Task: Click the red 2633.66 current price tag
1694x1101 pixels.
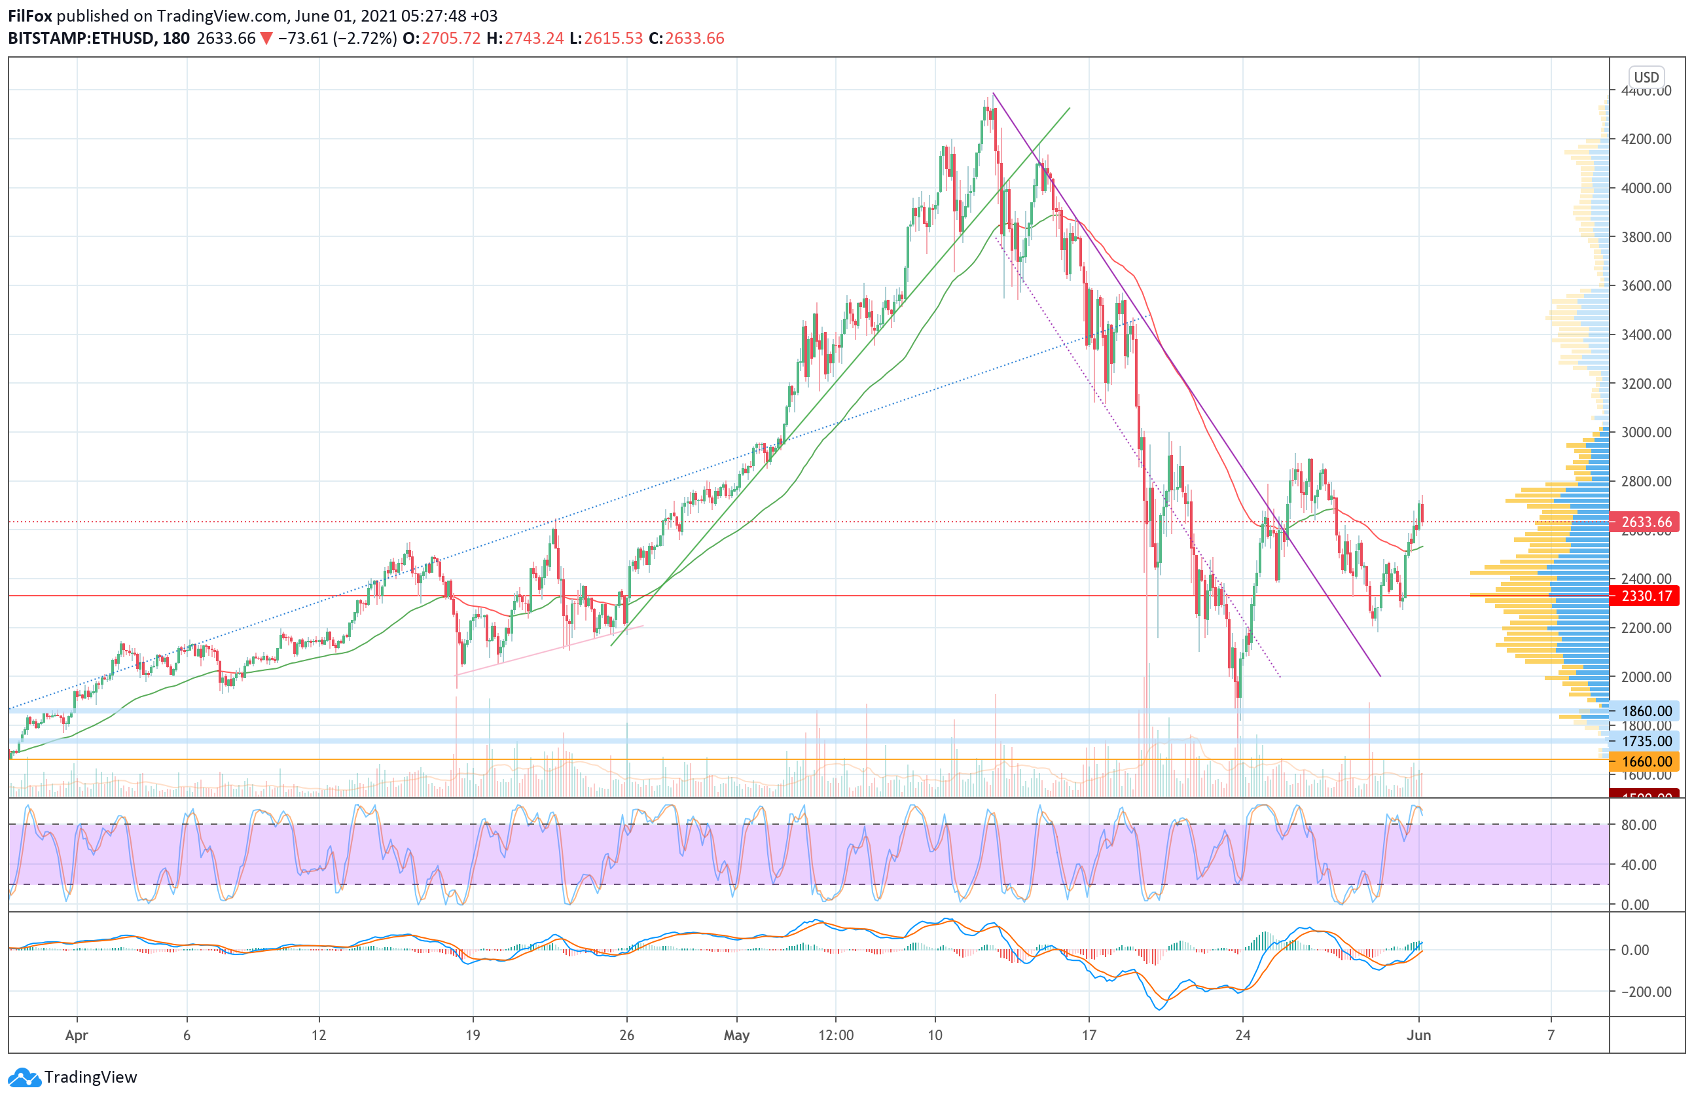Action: coord(1645,522)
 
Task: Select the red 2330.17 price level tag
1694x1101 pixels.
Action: coord(1645,595)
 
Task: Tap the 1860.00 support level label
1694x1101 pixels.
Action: coord(1645,710)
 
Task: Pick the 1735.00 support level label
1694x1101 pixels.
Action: coord(1645,741)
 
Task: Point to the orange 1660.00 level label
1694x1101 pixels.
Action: coord(1645,761)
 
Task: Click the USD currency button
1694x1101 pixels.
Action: coord(1646,77)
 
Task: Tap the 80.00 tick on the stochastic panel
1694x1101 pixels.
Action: coord(1638,825)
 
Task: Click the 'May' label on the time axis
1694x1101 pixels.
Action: coord(736,1035)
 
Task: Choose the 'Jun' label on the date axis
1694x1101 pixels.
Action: coord(1418,1035)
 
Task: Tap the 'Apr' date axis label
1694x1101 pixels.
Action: coord(76,1035)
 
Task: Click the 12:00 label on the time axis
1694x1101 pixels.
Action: coord(836,1035)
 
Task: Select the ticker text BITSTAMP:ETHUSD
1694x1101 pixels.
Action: coord(82,39)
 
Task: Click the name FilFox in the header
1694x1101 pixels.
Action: coord(30,16)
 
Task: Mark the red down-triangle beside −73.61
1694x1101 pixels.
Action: coord(266,39)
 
